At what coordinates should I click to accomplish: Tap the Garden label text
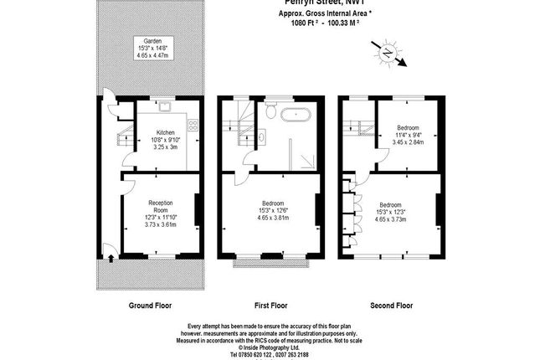click(152, 40)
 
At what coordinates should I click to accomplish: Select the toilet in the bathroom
click(271, 111)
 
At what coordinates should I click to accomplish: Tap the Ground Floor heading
click(152, 306)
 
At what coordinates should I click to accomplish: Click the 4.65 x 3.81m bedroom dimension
click(273, 218)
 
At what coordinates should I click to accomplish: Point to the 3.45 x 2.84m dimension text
click(409, 142)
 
